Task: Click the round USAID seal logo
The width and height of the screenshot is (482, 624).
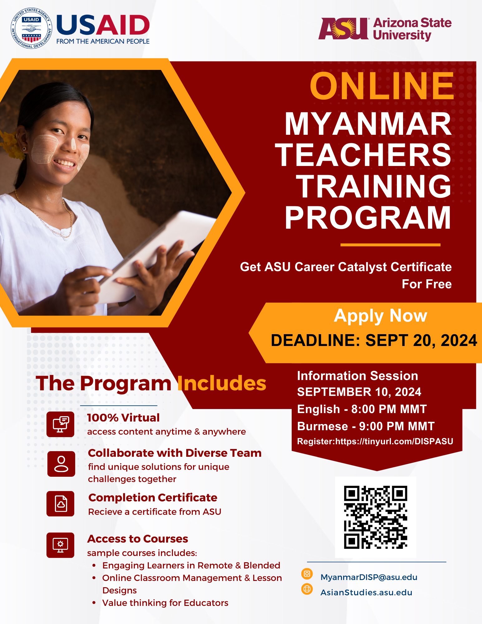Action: [32, 28]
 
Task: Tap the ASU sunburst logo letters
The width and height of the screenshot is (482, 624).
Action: [343, 28]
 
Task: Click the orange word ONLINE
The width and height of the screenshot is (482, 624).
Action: [382, 86]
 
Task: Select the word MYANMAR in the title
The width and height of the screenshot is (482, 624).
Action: [368, 124]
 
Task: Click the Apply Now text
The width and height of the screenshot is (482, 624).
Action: [381, 316]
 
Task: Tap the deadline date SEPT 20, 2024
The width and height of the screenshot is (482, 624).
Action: [421, 340]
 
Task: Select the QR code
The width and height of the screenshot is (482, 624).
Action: [376, 517]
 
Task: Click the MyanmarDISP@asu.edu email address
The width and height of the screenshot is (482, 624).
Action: [369, 577]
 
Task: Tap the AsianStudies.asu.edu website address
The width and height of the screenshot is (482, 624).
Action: [366, 592]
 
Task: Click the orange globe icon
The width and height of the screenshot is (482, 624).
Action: [307, 589]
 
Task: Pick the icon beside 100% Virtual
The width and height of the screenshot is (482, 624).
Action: [61, 424]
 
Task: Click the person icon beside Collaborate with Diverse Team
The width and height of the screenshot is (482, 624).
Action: [61, 464]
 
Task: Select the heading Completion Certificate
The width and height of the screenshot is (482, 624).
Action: [153, 498]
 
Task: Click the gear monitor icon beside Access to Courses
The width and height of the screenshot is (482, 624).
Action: [61, 545]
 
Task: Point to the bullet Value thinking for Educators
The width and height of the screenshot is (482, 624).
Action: [165, 603]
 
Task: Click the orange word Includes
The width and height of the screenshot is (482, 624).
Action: [222, 383]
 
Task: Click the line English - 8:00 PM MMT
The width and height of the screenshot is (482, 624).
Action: [362, 409]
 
